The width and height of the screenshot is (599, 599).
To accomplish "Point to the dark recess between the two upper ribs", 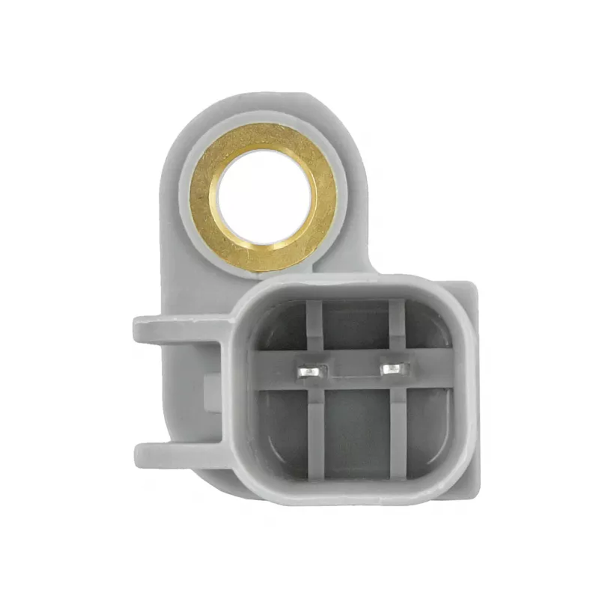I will [x=356, y=326].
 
